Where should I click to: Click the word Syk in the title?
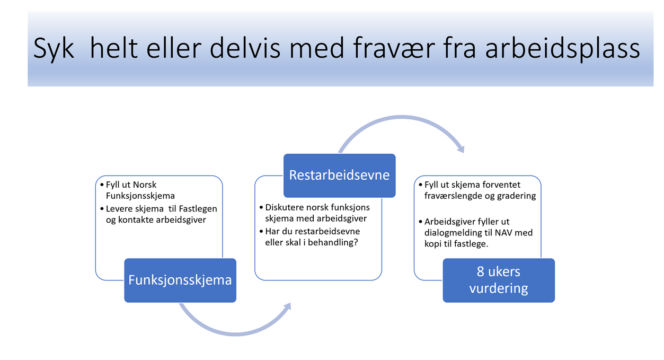click(54, 49)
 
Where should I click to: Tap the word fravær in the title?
click(394, 47)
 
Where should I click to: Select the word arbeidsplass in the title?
click(563, 49)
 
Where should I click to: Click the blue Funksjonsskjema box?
click(180, 280)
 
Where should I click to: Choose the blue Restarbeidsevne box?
click(339, 175)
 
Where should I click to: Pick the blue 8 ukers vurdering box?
click(499, 280)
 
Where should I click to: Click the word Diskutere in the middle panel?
click(282, 207)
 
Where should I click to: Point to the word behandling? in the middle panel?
click(333, 243)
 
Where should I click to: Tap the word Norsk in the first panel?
click(144, 185)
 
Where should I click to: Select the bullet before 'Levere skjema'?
click(102, 209)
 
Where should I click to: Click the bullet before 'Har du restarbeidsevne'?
click(261, 231)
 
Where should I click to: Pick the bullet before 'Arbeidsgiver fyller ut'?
click(420, 222)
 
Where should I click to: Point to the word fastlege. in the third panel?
click(471, 244)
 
